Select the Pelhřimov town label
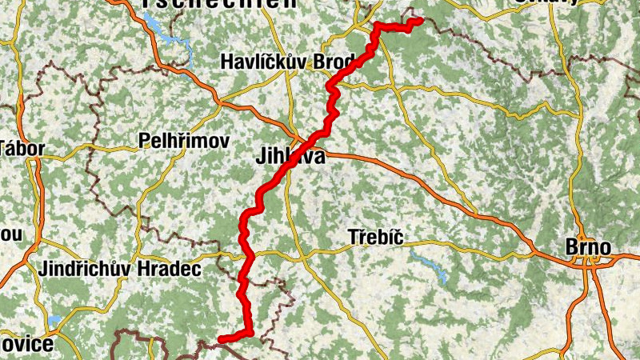(184, 142)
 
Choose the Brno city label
(588, 248)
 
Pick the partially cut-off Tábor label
(22, 148)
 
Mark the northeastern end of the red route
(418, 21)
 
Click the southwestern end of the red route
(220, 339)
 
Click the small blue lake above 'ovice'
(54, 321)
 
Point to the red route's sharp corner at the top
(377, 26)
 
